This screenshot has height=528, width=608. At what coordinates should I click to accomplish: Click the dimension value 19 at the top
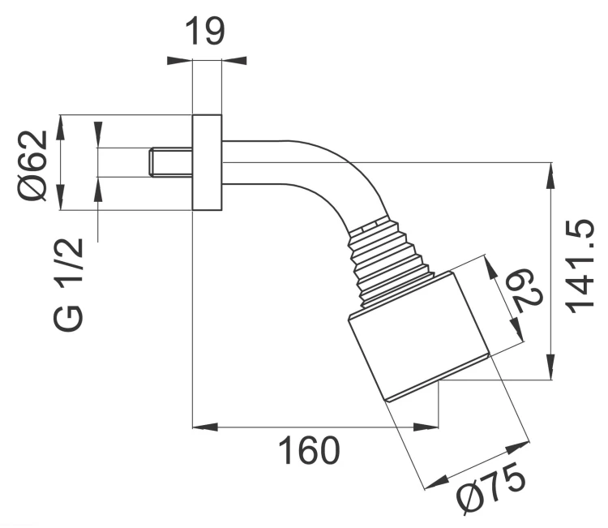205,32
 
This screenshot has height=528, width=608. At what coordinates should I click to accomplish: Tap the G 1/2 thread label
68,285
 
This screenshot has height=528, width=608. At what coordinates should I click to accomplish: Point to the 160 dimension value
310,450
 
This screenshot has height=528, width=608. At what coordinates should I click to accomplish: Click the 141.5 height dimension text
580,267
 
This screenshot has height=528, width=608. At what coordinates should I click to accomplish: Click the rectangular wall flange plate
207,162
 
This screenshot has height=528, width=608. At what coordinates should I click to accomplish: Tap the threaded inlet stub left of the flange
171,162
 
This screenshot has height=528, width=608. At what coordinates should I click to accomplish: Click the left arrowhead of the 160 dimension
205,427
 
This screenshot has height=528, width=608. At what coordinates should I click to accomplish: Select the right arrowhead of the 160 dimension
426,427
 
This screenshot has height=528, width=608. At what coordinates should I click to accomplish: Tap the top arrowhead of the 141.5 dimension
550,176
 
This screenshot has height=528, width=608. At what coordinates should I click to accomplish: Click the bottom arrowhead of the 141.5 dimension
550,367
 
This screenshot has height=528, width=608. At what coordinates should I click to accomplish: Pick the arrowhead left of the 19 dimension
180,61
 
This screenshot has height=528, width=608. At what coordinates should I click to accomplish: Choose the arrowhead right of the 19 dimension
234,61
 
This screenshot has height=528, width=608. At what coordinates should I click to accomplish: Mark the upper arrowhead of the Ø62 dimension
60,127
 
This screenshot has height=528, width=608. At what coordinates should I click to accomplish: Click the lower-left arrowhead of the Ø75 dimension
436,483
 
